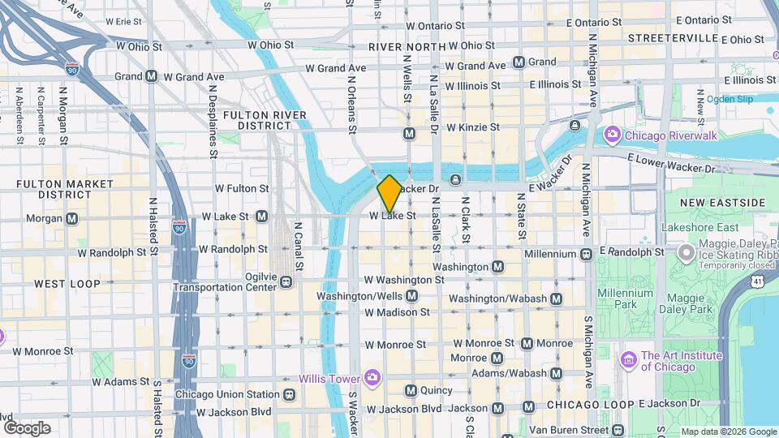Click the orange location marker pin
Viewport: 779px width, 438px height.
(x=389, y=193)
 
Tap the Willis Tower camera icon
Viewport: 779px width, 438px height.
(x=372, y=376)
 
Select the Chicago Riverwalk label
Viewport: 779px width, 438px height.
(x=669, y=135)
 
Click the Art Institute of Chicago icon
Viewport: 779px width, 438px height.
(x=627, y=358)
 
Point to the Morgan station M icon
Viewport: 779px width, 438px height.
(x=72, y=218)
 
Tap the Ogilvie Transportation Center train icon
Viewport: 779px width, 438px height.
(x=286, y=282)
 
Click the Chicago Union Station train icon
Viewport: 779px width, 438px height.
(x=289, y=395)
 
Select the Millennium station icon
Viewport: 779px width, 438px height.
(x=586, y=254)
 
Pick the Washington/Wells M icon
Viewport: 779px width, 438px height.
(x=412, y=297)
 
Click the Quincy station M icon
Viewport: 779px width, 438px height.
(x=411, y=390)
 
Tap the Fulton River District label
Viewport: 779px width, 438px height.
(x=265, y=120)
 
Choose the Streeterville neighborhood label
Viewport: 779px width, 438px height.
(x=670, y=38)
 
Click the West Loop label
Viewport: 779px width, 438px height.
(x=67, y=284)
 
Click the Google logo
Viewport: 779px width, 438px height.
(x=27, y=427)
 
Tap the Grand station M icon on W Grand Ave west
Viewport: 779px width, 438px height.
(x=151, y=76)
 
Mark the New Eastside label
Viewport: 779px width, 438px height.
(x=722, y=202)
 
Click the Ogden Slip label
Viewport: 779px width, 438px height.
(x=730, y=99)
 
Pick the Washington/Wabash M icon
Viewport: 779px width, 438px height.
(x=556, y=298)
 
